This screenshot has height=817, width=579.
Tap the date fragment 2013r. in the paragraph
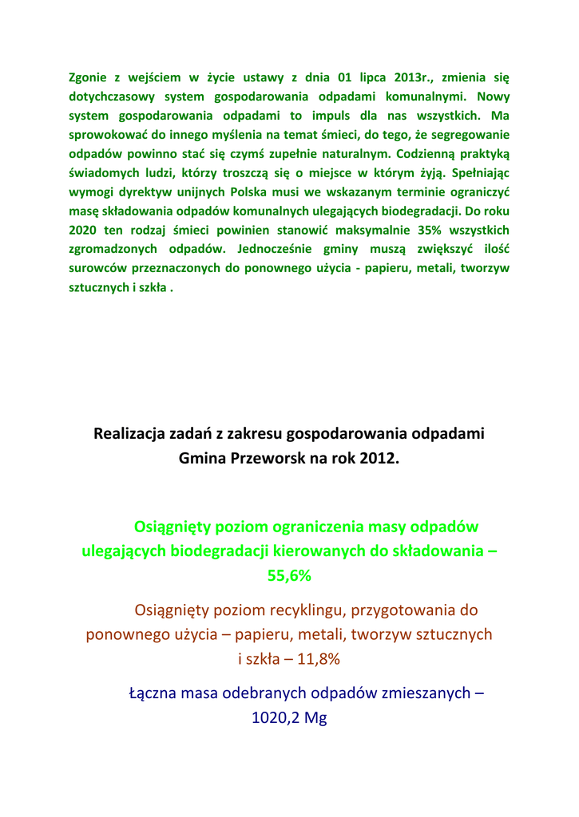(x=414, y=77)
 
